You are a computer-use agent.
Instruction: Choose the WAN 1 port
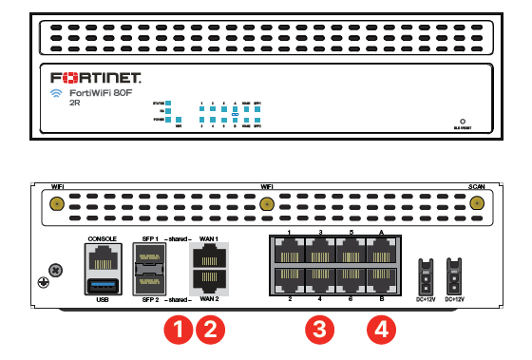pyautogui.click(x=209, y=255)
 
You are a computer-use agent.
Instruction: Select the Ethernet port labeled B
pyautogui.click(x=381, y=279)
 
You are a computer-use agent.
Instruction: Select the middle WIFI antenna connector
pyautogui.click(x=267, y=203)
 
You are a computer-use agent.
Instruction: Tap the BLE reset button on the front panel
pyautogui.click(x=463, y=123)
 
